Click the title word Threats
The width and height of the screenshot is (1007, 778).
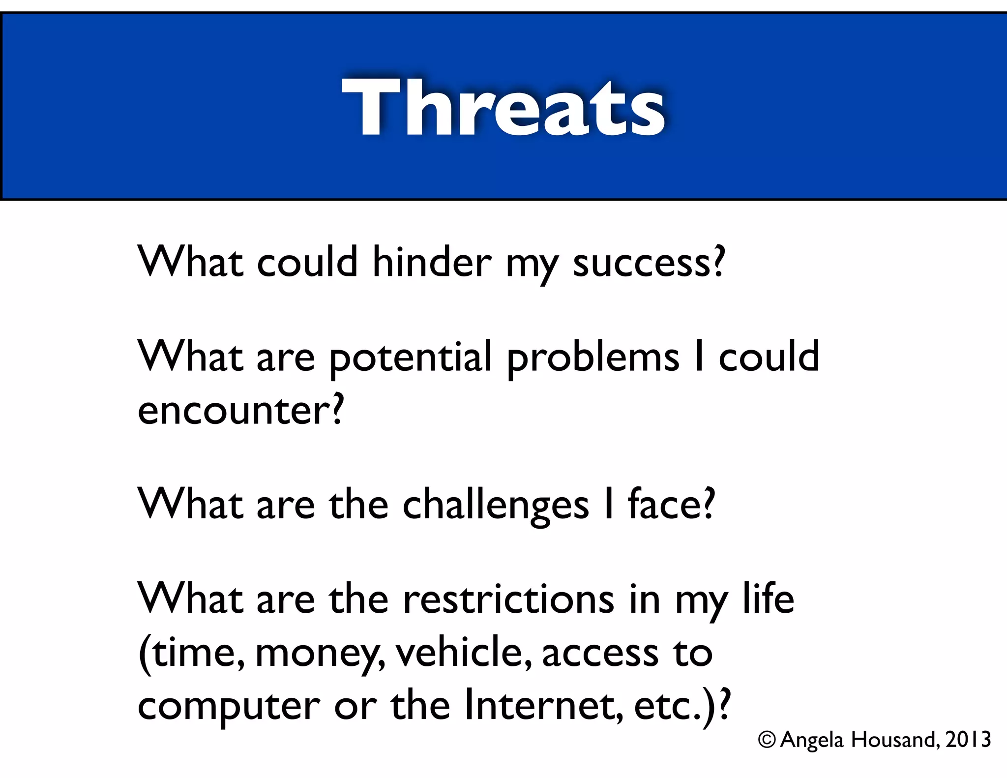[503, 107]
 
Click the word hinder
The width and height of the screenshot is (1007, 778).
[431, 262]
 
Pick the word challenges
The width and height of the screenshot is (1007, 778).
[495, 505]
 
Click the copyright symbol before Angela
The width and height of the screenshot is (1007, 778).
[767, 740]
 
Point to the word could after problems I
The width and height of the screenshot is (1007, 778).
[769, 357]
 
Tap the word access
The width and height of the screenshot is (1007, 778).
[599, 653]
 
